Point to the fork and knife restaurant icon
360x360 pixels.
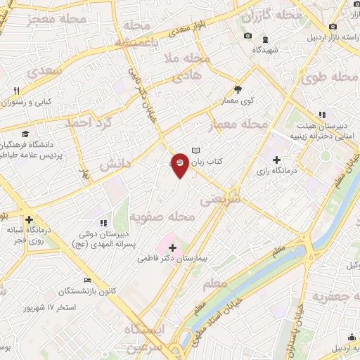(x=16, y=90)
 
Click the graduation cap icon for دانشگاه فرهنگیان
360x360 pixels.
(x=26, y=134)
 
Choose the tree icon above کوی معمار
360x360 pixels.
(x=238, y=89)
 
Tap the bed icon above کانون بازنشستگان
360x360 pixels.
(x=87, y=279)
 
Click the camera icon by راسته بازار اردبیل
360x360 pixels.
(x=333, y=26)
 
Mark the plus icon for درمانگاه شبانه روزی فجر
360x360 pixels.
(x=28, y=219)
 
